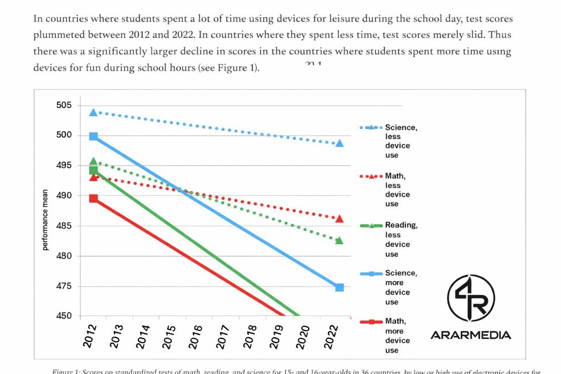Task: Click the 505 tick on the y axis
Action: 64,105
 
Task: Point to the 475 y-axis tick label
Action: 64,286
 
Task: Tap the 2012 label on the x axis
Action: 90,336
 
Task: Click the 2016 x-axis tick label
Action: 195,337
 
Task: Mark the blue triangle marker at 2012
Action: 93,112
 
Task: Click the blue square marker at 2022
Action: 339,287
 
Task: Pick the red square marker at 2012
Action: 93,199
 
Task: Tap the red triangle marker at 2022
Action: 339,219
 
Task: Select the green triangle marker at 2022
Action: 339,240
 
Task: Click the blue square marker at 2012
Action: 93,136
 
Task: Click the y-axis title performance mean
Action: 45,220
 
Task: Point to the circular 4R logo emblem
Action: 471,298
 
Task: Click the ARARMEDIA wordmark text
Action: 471,335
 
